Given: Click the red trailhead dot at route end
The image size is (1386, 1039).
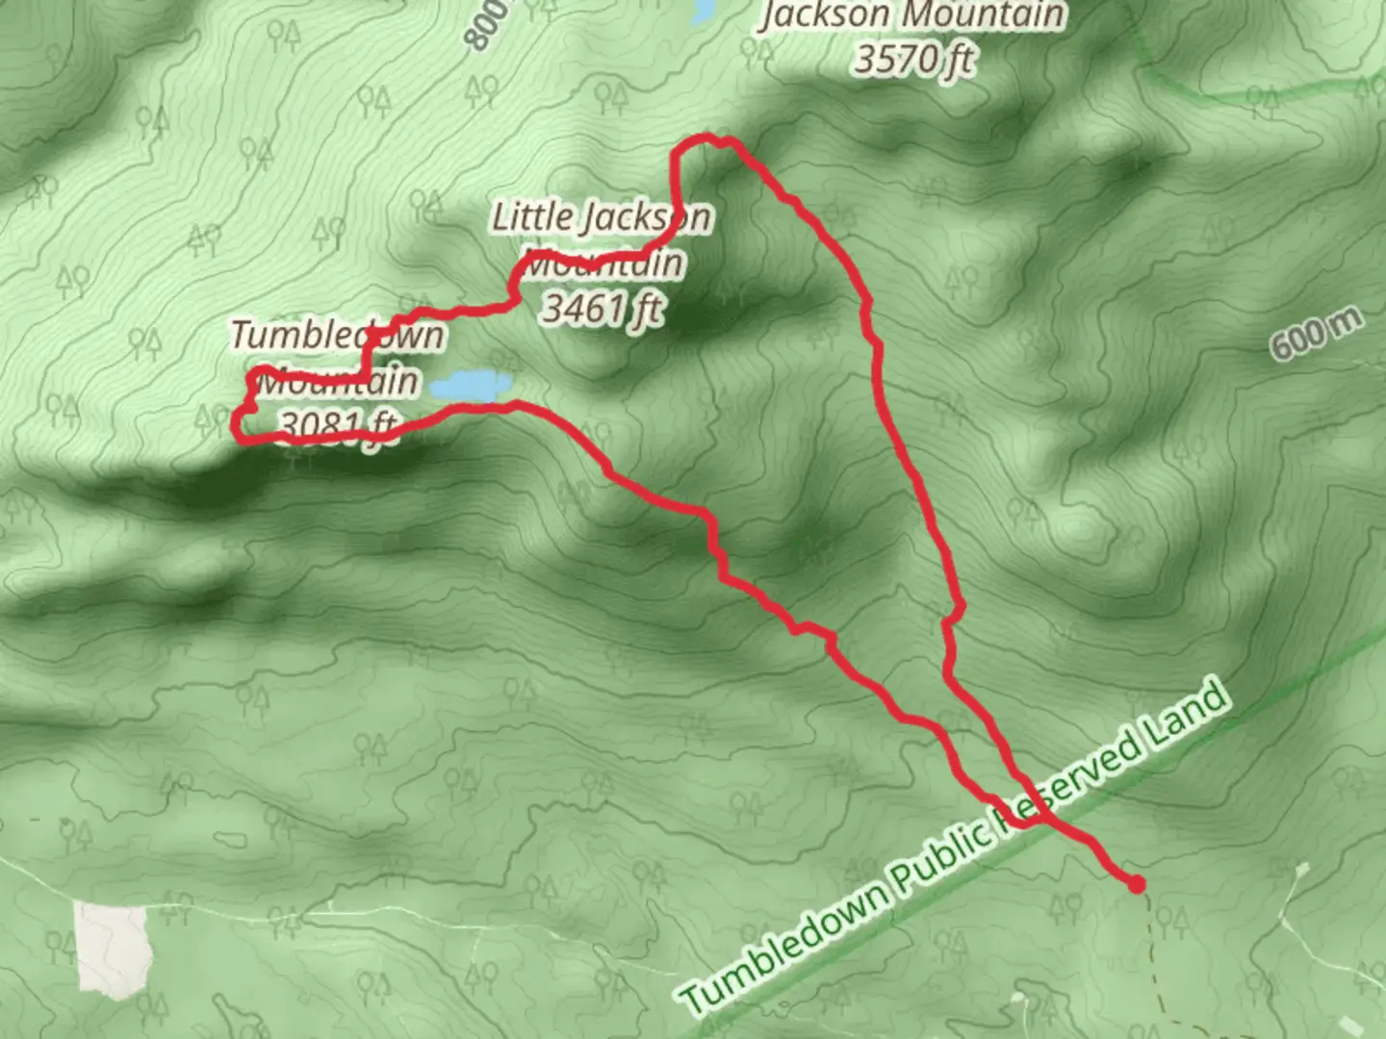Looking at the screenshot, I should point(1137,883).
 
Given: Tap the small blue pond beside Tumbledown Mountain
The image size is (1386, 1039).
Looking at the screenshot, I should point(469,387).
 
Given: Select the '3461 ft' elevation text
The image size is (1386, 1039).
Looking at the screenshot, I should point(603,308).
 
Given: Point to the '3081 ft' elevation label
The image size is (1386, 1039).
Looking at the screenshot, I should point(337,424).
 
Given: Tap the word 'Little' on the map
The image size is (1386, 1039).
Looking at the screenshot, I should point(531,217).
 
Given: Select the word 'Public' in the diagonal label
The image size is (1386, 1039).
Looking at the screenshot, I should point(942,846).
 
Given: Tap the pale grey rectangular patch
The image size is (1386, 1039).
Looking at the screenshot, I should point(114,947).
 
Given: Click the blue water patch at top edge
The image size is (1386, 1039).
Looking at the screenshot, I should point(703,10).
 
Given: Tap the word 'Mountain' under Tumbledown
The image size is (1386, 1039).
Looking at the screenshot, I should point(340,381).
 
